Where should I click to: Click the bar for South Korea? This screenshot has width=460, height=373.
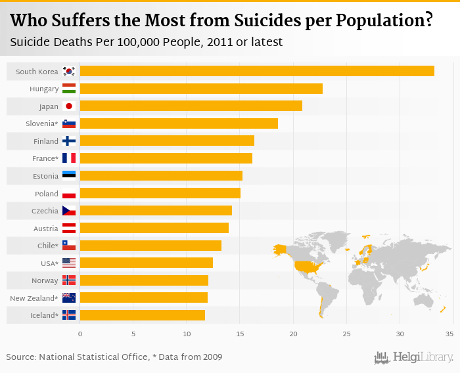click(x=256, y=71)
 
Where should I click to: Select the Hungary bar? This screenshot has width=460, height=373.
click(x=200, y=89)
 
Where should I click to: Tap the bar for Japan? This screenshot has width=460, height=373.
click(x=191, y=106)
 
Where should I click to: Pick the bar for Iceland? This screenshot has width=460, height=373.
click(x=142, y=315)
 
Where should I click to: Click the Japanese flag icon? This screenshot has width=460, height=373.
click(x=69, y=106)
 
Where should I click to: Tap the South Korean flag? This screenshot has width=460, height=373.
click(x=69, y=71)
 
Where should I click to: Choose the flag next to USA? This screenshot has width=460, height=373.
click(x=69, y=263)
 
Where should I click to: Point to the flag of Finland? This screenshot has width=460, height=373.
click(x=69, y=141)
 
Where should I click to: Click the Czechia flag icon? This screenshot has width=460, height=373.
click(x=69, y=210)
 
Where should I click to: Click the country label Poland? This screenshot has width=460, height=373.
click(x=47, y=193)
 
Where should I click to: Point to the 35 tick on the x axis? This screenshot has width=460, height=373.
click(x=449, y=334)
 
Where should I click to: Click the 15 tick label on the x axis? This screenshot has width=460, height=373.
click(x=240, y=334)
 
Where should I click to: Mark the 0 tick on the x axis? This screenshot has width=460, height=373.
click(x=80, y=334)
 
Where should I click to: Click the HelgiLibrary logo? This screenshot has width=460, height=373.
click(x=414, y=357)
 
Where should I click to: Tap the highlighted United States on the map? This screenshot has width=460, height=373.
click(x=306, y=266)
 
